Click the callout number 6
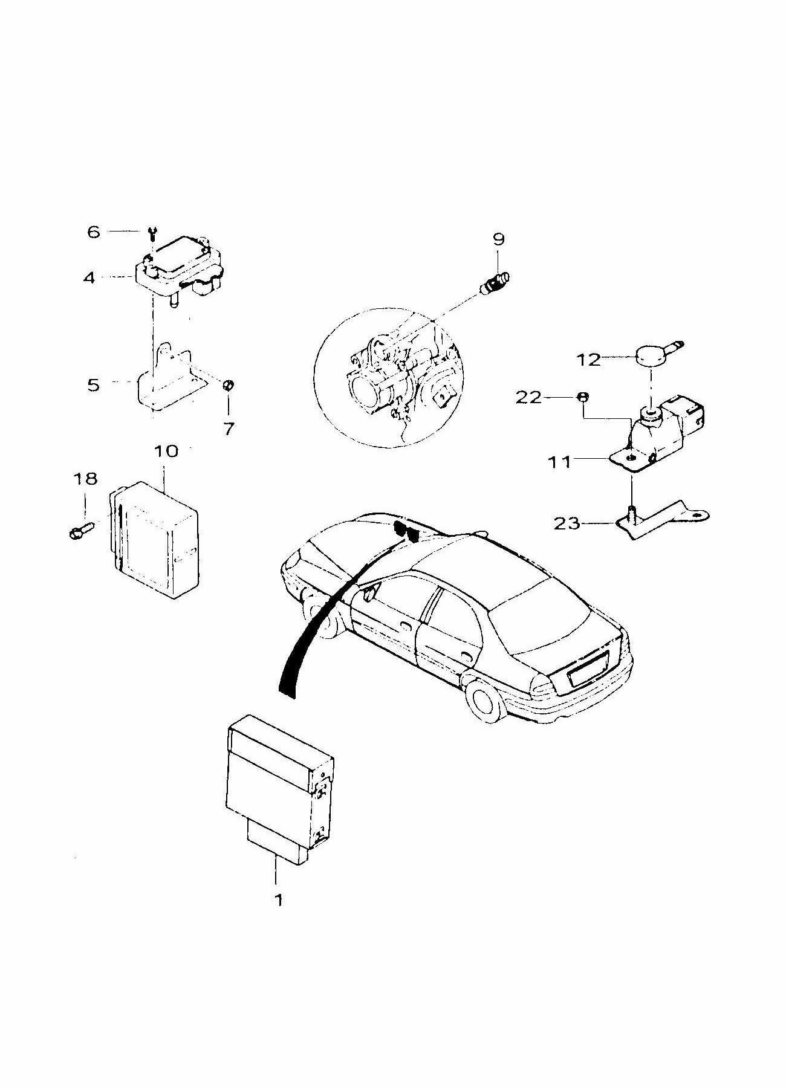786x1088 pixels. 93,232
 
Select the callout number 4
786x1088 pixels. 89,279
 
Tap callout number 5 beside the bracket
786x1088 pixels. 93,384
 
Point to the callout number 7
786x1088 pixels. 229,429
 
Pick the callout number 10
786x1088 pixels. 166,451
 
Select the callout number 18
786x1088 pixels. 85,479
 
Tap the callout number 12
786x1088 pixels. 588,360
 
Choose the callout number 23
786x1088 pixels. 567,523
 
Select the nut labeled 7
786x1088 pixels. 229,385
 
